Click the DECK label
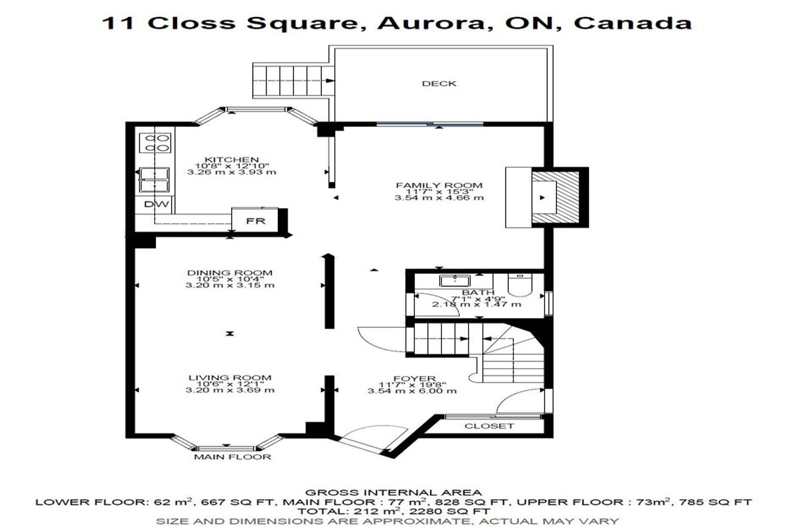(439, 84)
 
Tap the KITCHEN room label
(232, 159)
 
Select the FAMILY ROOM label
(439, 185)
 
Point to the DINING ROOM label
(230, 273)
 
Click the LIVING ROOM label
(230, 378)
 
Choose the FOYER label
(412, 379)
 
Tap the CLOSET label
(489, 426)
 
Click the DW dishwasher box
(156, 204)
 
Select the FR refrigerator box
(255, 220)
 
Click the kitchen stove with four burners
(155, 143)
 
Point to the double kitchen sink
(154, 180)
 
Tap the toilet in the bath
(521, 285)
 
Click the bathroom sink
(455, 281)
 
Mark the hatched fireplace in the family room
(556, 198)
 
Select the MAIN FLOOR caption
(232, 457)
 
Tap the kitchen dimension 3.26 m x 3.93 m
(232, 172)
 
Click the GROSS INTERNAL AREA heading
(393, 492)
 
